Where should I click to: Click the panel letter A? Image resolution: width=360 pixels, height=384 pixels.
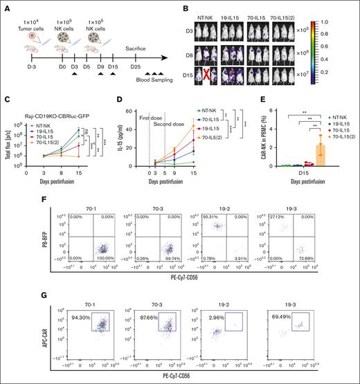click(6, 6)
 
